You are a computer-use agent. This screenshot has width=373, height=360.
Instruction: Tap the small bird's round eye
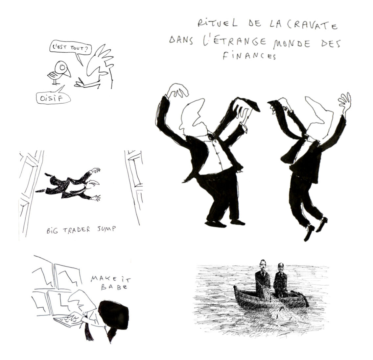point(62,68)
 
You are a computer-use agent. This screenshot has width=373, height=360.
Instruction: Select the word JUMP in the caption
point(106,230)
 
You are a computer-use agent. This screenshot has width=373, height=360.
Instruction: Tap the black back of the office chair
point(114,315)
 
